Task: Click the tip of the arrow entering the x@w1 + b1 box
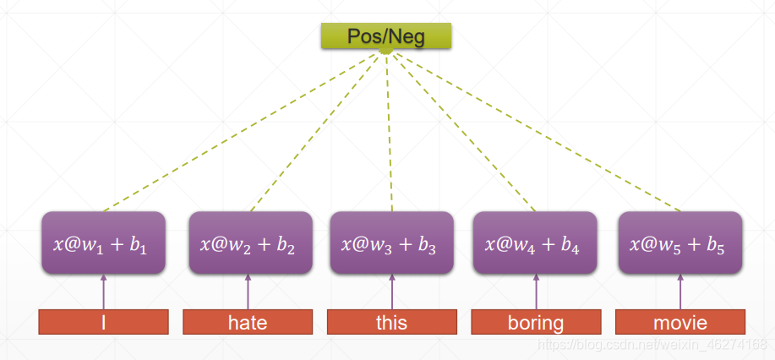[103, 275]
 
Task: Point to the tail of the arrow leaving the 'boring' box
[537, 309]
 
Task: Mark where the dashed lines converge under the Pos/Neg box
[386, 51]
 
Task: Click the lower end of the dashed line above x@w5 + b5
[680, 211]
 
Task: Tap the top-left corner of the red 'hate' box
[183, 309]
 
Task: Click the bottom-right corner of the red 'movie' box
[745, 334]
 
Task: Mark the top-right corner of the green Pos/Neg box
[450, 24]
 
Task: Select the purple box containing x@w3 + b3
[392, 243]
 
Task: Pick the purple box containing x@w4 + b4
[535, 243]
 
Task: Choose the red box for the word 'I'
[103, 322]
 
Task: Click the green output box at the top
[386, 35]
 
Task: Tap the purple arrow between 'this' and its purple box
[392, 292]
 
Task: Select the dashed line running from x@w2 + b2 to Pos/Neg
[315, 132]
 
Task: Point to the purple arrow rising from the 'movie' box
[680, 292]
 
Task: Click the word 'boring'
[536, 324]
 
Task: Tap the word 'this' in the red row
[392, 323]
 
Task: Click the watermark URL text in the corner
[652, 344]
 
